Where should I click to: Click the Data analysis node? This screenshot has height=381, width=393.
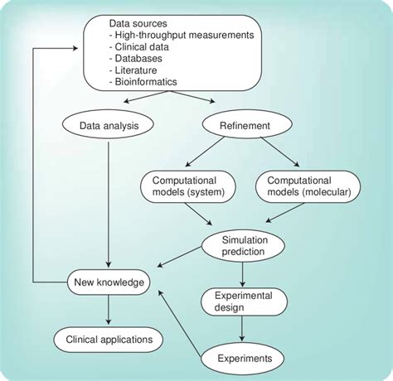tap(109, 128)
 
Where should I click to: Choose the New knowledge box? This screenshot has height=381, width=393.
tap(108, 283)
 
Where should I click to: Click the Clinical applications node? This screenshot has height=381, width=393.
tap(109, 339)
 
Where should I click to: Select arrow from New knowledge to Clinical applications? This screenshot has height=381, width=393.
tap(109, 311)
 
